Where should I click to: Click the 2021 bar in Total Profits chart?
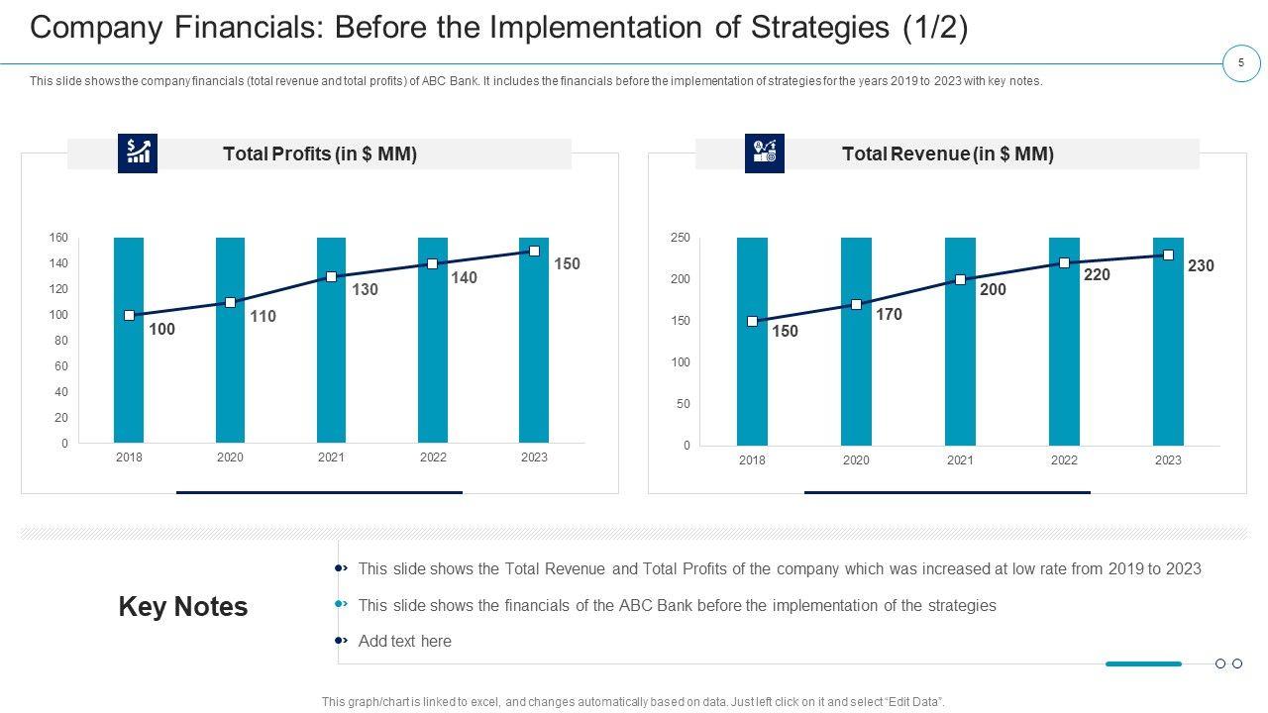point(331,376)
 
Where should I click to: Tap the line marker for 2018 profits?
point(130,315)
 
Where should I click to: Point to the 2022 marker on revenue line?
point(1064,263)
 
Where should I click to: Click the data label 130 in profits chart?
point(365,290)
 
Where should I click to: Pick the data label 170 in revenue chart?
point(889,315)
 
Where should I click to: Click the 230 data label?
point(1201,266)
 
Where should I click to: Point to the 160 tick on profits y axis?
point(58,238)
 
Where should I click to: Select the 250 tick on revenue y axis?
point(680,238)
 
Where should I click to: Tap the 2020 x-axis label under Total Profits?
point(230,458)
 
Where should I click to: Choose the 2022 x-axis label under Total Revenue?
point(1064,460)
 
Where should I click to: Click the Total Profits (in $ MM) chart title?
point(320,154)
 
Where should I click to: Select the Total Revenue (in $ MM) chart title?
point(947,154)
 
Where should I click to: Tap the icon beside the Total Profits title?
point(138,153)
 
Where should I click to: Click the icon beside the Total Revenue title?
point(765,153)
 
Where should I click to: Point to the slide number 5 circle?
point(1240,63)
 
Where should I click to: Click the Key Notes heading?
point(183,607)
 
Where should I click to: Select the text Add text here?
point(404,642)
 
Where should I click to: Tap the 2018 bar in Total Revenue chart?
point(752,386)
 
